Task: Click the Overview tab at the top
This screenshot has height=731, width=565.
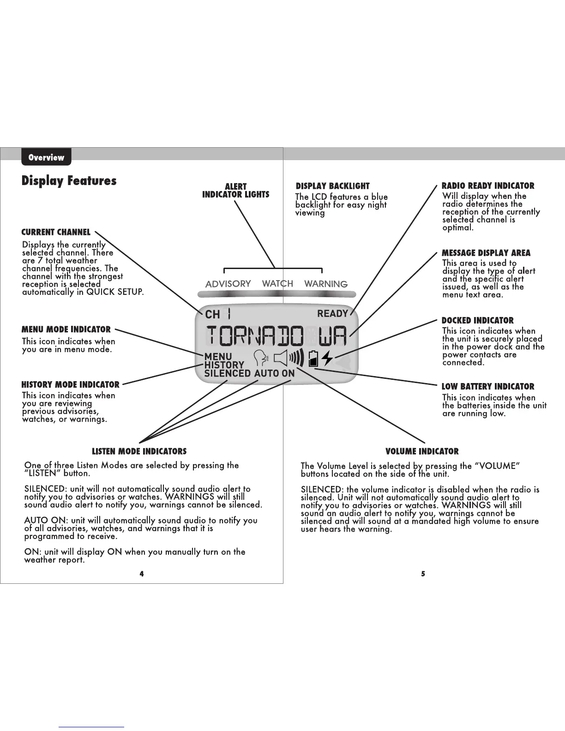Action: [x=46, y=157]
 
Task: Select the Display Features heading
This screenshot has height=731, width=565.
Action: [x=69, y=180]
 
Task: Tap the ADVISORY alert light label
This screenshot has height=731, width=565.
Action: [x=228, y=284]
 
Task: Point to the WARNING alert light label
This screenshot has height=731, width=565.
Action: [x=326, y=284]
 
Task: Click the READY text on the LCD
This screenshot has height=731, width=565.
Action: [x=332, y=314]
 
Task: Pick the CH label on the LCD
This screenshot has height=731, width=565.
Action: [x=212, y=314]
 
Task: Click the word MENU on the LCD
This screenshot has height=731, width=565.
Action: [x=218, y=356]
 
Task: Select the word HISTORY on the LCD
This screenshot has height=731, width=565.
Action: [x=224, y=365]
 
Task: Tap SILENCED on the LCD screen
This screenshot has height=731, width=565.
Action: [x=228, y=373]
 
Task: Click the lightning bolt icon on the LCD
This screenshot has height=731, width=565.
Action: [x=327, y=358]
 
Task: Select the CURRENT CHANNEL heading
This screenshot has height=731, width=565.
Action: [x=56, y=232]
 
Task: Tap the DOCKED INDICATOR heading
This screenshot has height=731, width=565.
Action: [x=478, y=320]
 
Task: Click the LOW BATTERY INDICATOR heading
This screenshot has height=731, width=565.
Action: [x=488, y=387]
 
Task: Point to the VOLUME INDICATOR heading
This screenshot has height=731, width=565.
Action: [x=422, y=451]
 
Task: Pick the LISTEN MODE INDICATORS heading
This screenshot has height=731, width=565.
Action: [x=139, y=451]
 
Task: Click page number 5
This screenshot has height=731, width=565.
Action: [x=423, y=574]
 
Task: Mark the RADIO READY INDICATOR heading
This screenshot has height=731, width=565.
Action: [x=488, y=186]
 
